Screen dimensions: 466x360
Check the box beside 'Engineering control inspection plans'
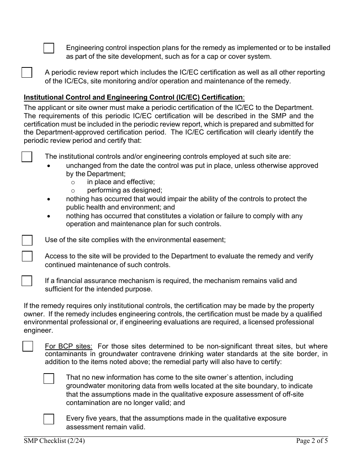point(49,48)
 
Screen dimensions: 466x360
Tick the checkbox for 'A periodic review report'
point(27,72)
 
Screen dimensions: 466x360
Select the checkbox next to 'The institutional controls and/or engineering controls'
point(27,157)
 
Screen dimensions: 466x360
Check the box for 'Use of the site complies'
point(27,240)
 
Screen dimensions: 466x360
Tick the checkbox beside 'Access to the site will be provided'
point(27,256)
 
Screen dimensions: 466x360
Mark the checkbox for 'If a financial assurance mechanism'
point(27,281)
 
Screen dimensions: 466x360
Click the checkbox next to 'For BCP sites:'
point(28,346)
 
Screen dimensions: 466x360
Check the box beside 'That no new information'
point(49,378)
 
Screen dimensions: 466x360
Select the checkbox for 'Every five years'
point(49,419)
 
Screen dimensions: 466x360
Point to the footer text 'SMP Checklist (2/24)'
point(52,441)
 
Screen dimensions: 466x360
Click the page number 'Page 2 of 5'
point(312,441)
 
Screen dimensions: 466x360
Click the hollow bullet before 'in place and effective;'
point(73,183)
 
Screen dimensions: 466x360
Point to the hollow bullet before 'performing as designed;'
point(73,191)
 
